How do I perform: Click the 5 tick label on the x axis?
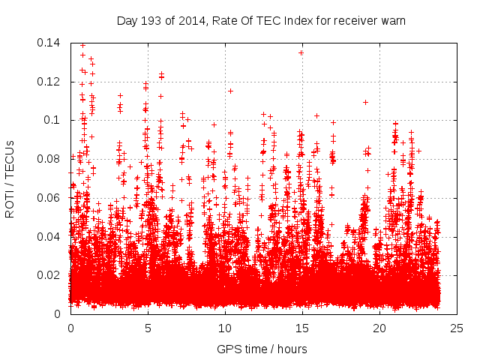point(148,328)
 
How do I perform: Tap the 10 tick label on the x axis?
point(225,328)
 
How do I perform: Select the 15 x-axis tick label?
point(302,328)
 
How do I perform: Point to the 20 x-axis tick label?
point(379,328)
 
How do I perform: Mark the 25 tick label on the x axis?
point(457,328)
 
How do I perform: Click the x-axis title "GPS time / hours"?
point(262,349)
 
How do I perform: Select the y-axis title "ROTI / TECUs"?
point(10,178)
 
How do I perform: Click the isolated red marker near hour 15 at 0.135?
point(301,52)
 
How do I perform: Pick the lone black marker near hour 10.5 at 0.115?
point(230,91)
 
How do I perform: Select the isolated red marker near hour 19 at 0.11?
point(365,102)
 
